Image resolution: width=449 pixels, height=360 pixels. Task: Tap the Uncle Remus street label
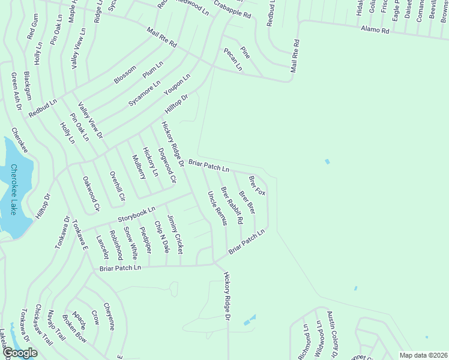pyautogui.click(x=217, y=208)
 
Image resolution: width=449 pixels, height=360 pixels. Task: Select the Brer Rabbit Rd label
pyautogui.click(x=232, y=205)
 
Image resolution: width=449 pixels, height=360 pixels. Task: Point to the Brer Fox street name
pyautogui.click(x=257, y=185)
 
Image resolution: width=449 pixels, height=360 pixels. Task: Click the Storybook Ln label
pyautogui.click(x=136, y=213)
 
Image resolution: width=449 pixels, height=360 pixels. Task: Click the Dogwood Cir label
pyautogui.click(x=166, y=165)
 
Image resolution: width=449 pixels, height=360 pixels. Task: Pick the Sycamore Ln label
pyautogui.click(x=144, y=93)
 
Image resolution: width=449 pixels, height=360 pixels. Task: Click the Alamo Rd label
pyautogui.click(x=375, y=29)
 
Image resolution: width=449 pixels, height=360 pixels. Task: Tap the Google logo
pyautogui.click(x=20, y=353)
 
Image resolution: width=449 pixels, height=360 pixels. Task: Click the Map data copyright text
pyautogui.click(x=423, y=355)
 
